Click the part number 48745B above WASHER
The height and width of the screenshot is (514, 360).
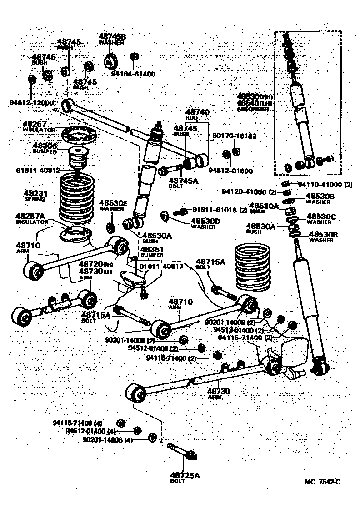(x=112, y=36)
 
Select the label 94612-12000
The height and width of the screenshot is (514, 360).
(x=31, y=103)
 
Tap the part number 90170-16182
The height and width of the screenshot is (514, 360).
(x=235, y=136)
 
